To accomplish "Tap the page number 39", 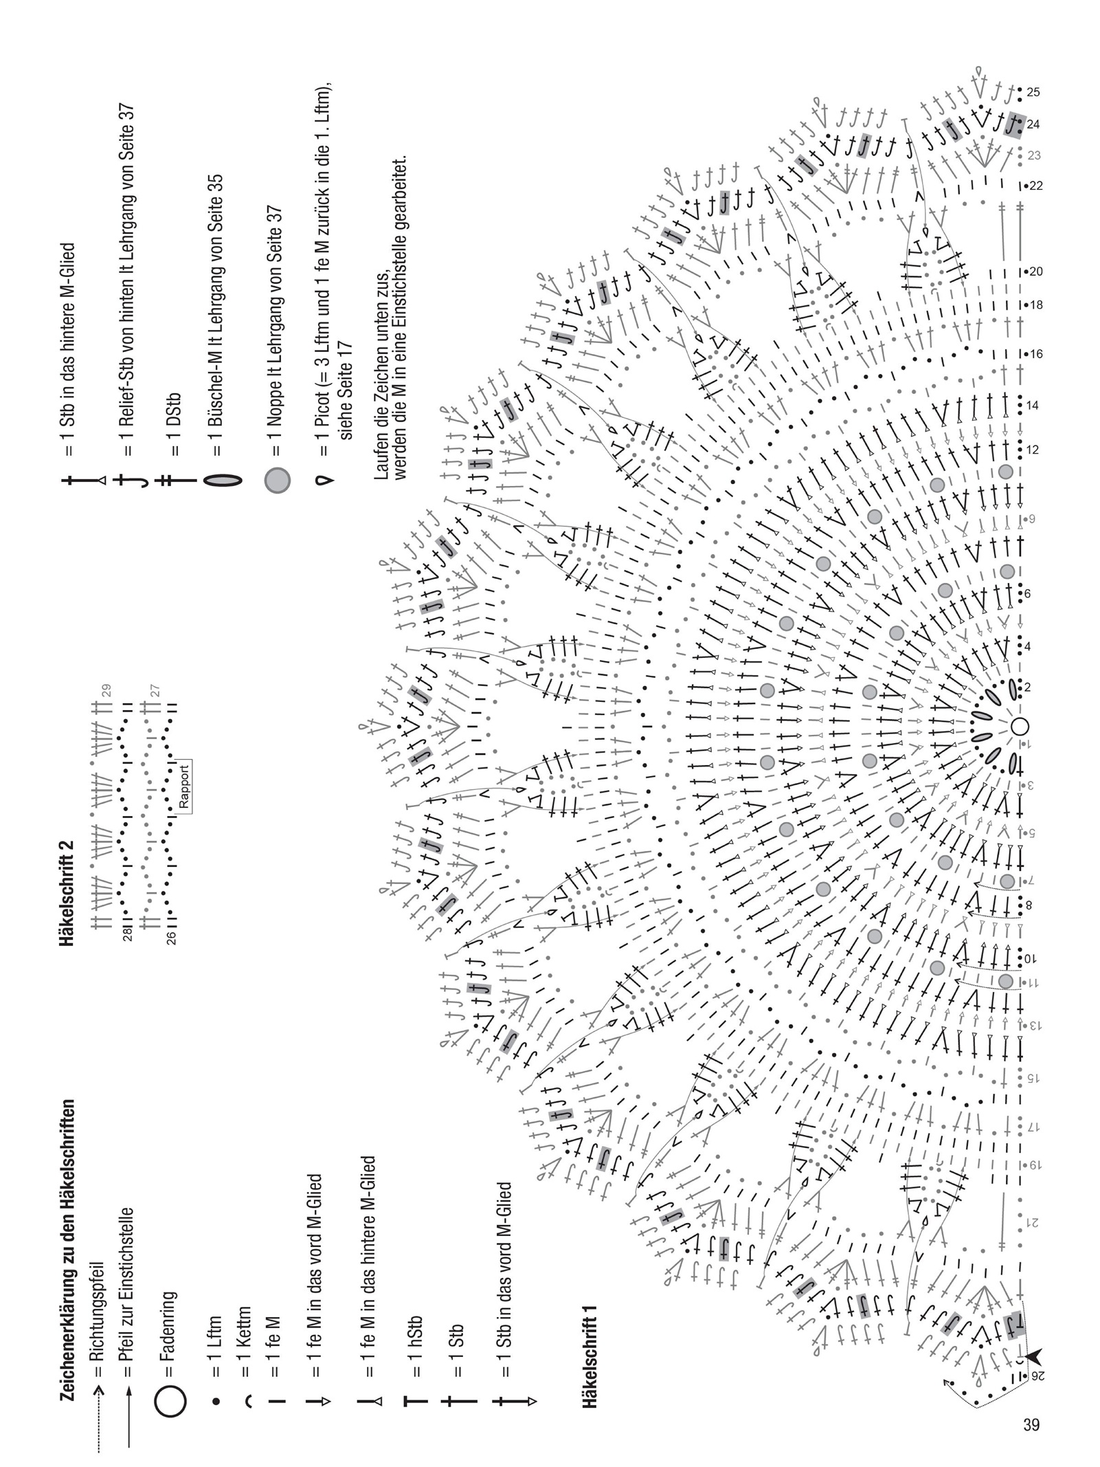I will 1031,1424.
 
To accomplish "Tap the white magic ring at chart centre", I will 1020,726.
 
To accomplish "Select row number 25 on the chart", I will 1033,91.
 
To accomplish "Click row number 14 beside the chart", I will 1033,406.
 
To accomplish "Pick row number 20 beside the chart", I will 1035,272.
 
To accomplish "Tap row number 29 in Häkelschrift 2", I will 106,690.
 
